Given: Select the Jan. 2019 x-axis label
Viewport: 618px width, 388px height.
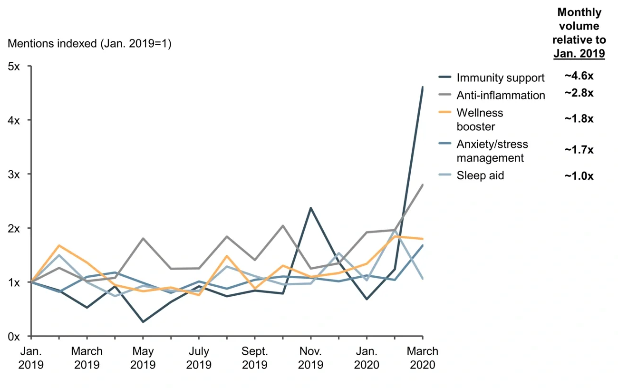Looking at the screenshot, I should (x=31, y=358).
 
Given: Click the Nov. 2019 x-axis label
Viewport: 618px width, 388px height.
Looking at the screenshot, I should (x=310, y=358).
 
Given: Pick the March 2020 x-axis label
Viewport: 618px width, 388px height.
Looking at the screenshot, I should (x=423, y=358).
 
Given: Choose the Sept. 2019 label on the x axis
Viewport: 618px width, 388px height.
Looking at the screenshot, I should (x=254, y=358).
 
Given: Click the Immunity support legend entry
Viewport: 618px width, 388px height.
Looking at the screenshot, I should (x=500, y=78).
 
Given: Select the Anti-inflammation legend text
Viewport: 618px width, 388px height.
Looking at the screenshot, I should (x=501, y=95).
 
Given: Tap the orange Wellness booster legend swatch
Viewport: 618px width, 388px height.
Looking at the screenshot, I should (x=444, y=113).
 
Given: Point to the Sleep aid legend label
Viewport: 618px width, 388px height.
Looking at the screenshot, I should (x=480, y=175).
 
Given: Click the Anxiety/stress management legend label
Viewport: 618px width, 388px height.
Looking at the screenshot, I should (x=492, y=151).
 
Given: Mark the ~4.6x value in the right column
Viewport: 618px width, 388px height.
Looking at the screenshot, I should (x=579, y=76).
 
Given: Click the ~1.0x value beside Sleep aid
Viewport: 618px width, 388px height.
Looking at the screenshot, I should (x=579, y=176).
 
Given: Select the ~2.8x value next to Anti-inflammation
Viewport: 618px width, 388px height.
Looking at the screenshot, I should (x=579, y=93).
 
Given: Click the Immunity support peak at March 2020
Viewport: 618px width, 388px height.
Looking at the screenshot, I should (x=423, y=87).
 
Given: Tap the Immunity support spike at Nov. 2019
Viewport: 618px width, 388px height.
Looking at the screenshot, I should (x=310, y=208).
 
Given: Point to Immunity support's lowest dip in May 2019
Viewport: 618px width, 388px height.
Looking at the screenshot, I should (x=143, y=322).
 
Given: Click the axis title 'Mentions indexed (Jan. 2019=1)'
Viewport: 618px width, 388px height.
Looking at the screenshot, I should (x=90, y=44).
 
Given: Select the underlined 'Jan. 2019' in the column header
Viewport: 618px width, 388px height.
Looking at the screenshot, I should (x=579, y=54).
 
